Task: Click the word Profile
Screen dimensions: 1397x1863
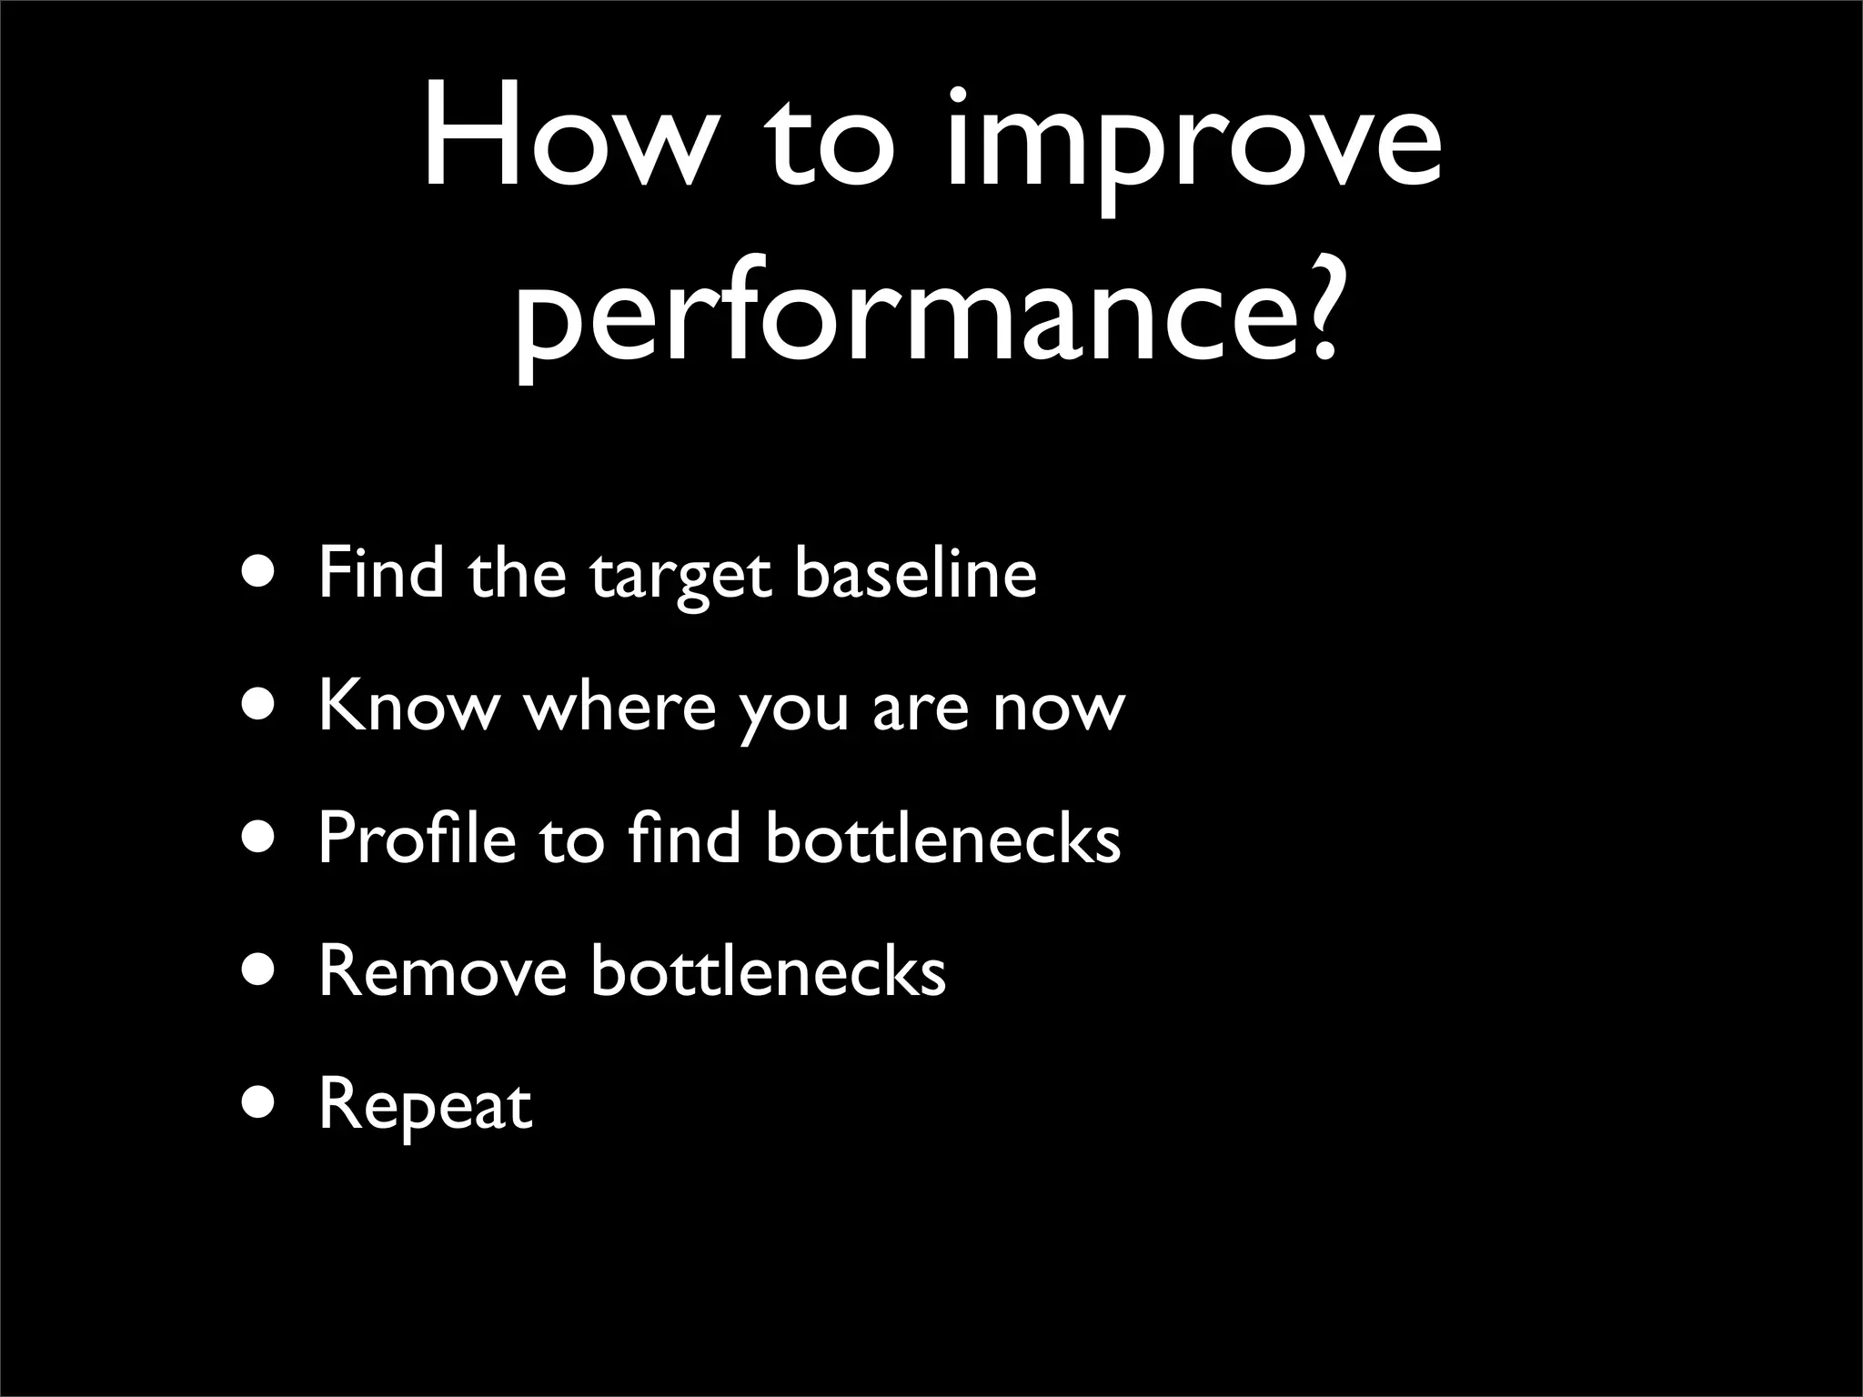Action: pos(416,837)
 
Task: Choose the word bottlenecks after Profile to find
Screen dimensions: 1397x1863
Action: pos(942,837)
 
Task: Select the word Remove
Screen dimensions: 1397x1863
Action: pos(442,971)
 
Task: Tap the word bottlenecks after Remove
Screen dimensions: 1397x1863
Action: pos(768,971)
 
